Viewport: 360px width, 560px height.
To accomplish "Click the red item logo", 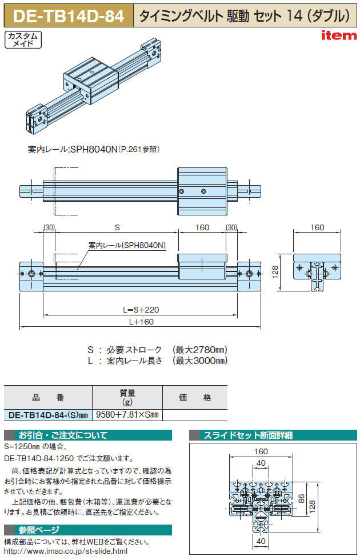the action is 339,35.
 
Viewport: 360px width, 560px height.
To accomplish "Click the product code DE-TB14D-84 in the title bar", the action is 68,16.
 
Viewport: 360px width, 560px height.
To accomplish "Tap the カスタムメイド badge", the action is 23,39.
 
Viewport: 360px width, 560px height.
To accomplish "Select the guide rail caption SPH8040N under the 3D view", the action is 94,149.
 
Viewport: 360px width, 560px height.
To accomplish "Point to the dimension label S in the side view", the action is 117,227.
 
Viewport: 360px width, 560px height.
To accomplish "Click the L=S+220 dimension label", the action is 141,310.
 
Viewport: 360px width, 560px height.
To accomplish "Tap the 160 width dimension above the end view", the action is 317,227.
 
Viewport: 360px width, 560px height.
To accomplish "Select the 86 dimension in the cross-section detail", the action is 302,499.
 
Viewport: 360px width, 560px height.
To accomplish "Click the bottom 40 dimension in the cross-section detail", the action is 261,541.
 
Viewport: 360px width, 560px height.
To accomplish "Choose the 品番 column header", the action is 48,398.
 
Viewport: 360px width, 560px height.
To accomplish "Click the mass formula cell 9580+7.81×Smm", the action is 127,415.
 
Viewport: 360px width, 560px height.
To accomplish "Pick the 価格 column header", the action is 195,398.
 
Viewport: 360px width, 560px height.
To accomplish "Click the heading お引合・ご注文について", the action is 63,435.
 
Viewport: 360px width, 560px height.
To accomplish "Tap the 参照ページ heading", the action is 39,530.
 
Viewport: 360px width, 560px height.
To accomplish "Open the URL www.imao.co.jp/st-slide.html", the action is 66,551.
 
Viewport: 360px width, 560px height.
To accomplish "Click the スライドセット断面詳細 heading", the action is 248,435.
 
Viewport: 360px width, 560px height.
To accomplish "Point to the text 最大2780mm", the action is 200,350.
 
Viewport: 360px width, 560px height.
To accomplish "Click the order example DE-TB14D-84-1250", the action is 39,458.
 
